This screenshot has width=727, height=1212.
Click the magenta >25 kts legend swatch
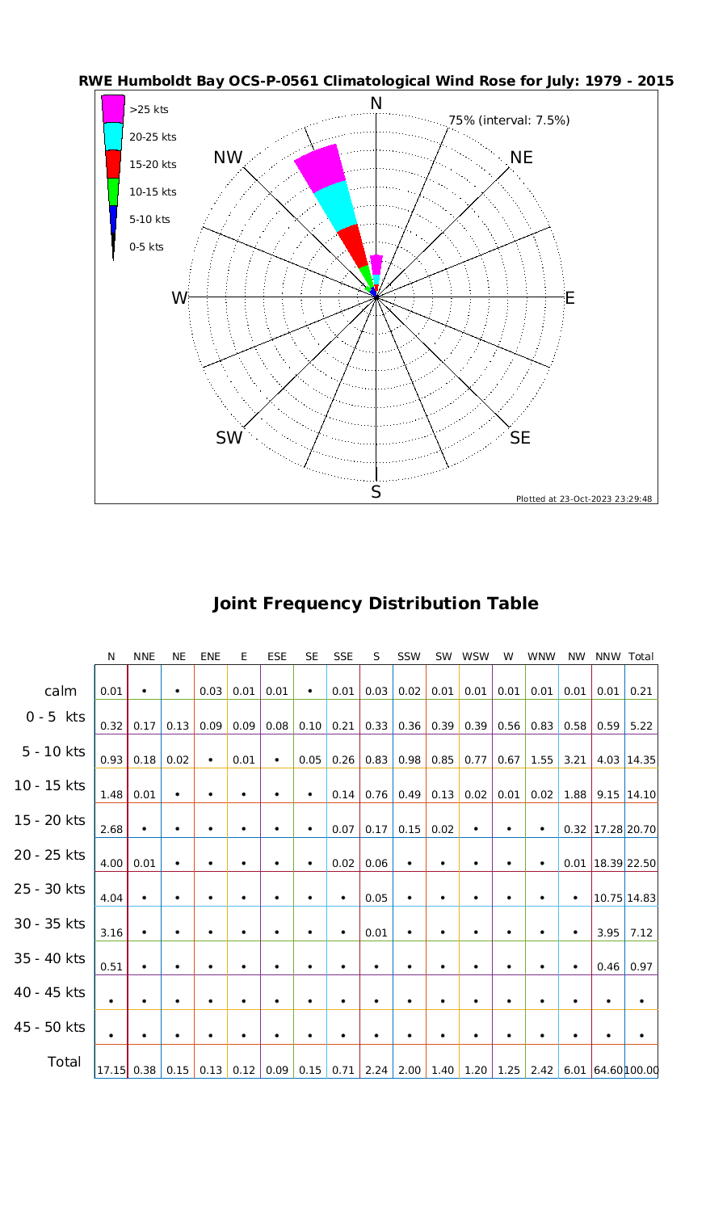pyautogui.click(x=113, y=108)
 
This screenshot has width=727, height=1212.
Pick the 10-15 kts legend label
pyautogui.click(x=153, y=192)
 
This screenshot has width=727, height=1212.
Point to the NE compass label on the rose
pyautogui.click(x=522, y=158)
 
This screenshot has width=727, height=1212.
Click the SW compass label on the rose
pyautogui.click(x=229, y=439)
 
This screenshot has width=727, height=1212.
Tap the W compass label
pyautogui.click(x=179, y=298)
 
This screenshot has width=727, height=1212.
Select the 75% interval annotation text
pyautogui.click(x=509, y=120)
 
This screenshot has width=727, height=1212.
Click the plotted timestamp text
pyautogui.click(x=584, y=499)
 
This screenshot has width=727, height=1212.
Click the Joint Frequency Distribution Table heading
pyautogui.click(x=375, y=604)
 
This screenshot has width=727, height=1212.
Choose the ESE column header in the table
pyautogui.click(x=277, y=657)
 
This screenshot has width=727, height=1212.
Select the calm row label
pyautogui.click(x=61, y=691)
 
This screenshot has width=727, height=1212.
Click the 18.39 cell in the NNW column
pyautogui.click(x=607, y=864)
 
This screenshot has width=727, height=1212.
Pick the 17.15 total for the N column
pyautogui.click(x=111, y=1071)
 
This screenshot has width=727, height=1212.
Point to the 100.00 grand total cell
pyautogui.click(x=641, y=1071)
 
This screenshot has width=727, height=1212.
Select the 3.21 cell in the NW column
pyautogui.click(x=575, y=760)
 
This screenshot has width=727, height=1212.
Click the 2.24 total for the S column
pyautogui.click(x=376, y=1071)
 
